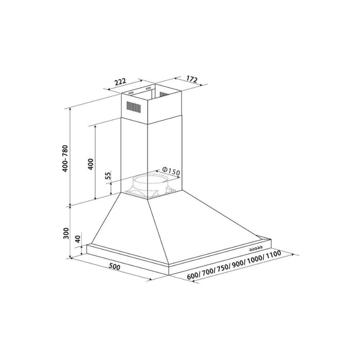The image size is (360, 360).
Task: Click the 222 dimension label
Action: click(120, 82)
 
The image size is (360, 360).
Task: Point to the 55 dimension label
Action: click(108, 175)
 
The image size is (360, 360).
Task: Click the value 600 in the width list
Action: click(193, 277)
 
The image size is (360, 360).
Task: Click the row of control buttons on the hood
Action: click(256, 248)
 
